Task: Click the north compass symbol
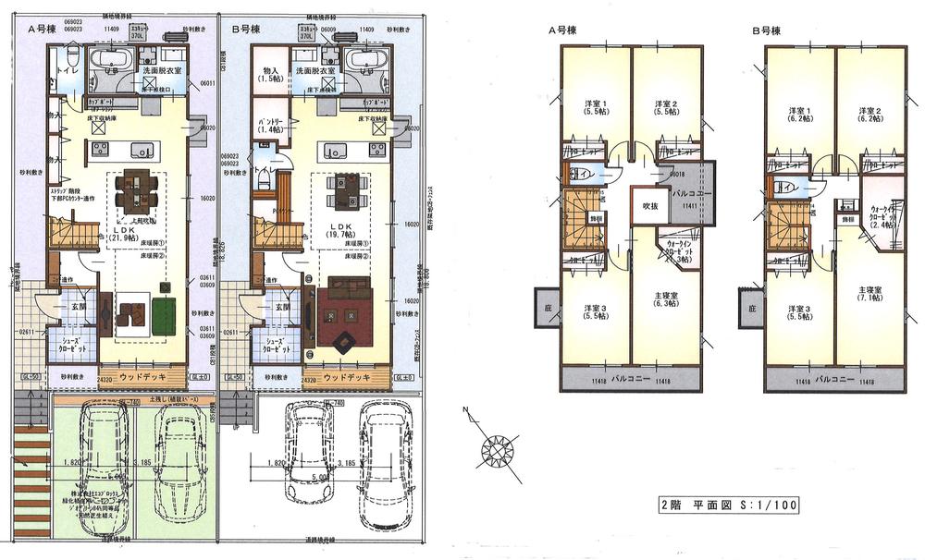499,453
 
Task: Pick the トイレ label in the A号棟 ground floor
65,68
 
